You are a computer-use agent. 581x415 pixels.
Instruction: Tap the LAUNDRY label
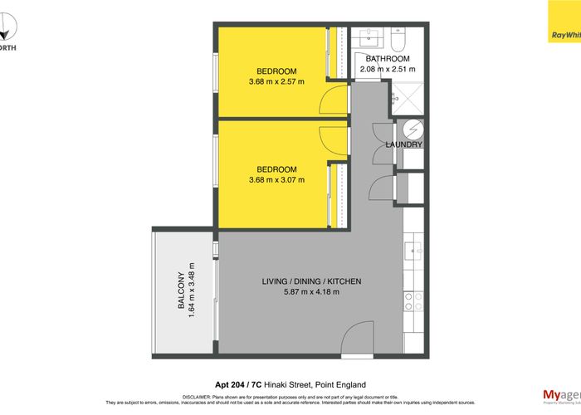404,145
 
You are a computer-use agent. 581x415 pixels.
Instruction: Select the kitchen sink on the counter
413,248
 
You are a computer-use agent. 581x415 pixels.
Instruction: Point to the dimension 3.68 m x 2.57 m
276,81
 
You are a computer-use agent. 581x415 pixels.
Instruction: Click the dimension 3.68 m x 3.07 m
276,179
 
